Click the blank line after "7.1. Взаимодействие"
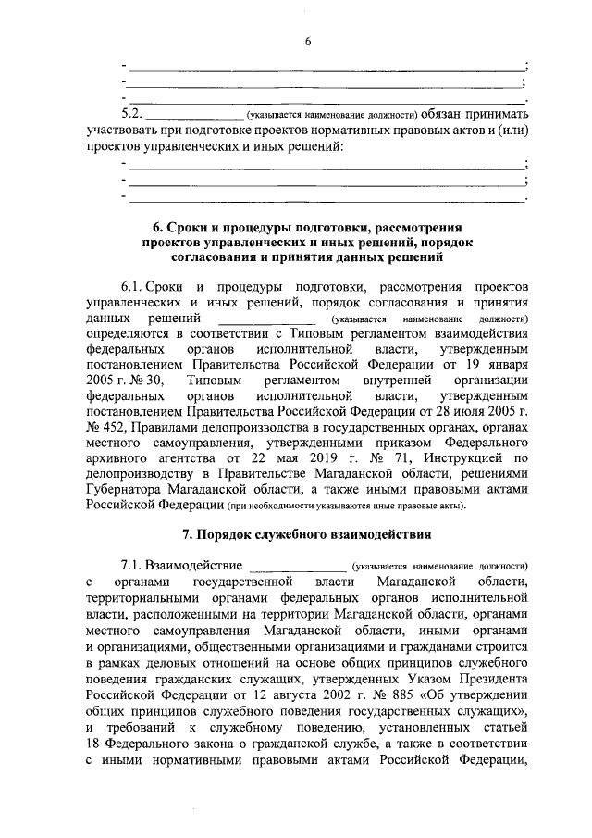(296, 567)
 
